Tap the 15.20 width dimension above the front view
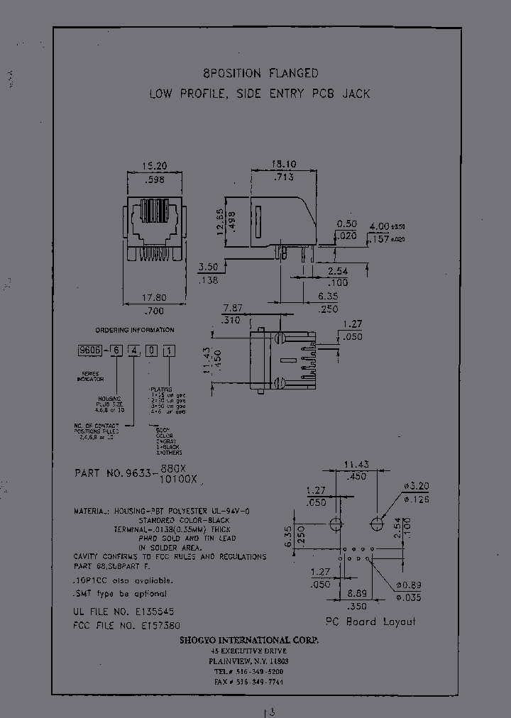pyautogui.click(x=154, y=165)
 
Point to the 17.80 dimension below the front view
pyautogui.click(x=153, y=298)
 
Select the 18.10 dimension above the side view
pyautogui.click(x=282, y=164)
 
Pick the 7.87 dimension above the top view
pyautogui.click(x=233, y=309)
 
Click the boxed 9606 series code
pyautogui.click(x=90, y=351)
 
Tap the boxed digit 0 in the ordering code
pyautogui.click(x=152, y=351)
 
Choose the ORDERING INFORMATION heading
pyautogui.click(x=134, y=330)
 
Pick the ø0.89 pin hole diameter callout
pyautogui.click(x=413, y=585)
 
